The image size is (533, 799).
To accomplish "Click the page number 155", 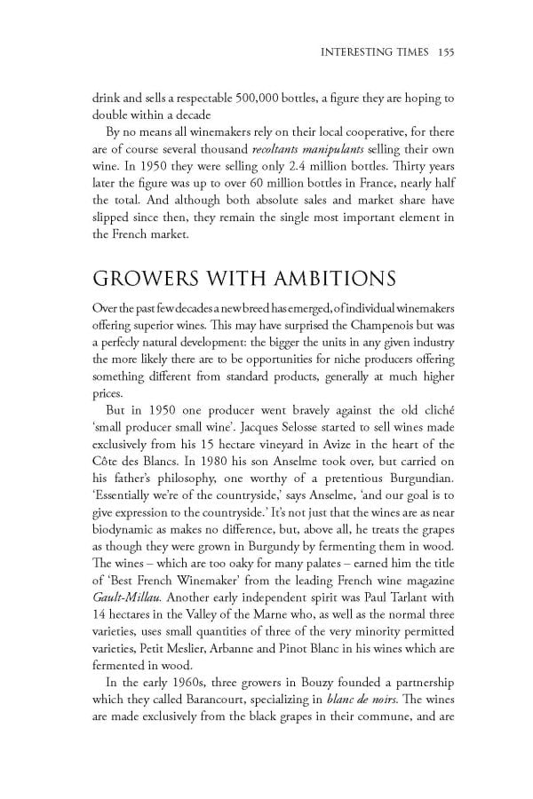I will coord(446,51).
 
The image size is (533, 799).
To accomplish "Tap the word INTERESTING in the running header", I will coord(356,51).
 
